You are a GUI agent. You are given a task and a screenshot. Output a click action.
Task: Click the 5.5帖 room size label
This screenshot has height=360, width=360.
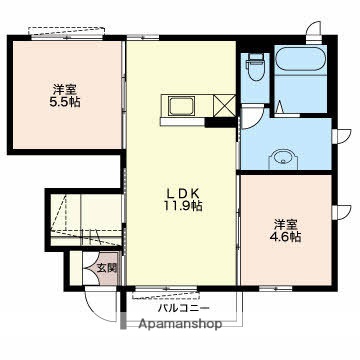click(65, 102)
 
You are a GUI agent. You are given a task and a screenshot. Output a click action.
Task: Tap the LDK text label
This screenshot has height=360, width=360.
click(183, 193)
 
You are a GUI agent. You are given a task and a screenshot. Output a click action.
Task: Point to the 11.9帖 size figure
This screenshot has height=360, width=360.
click(183, 206)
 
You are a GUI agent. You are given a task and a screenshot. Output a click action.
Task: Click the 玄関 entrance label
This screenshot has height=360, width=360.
click(107, 268)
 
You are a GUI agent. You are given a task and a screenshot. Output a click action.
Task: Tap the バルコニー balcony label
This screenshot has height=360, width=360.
click(184, 308)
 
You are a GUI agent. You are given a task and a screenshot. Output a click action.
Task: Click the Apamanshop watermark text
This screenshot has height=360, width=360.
click(180, 324)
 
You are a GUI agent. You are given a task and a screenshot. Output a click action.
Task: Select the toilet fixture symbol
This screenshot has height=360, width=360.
click(255, 69)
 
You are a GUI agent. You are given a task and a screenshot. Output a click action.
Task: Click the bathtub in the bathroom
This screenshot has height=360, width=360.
click(299, 59)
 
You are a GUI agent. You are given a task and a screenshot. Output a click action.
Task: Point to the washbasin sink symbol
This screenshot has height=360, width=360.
click(283, 157)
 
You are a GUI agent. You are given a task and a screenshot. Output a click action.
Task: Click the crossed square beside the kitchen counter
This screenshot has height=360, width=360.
click(225, 106)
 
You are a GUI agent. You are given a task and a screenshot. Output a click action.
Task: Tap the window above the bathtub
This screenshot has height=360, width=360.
click(313, 32)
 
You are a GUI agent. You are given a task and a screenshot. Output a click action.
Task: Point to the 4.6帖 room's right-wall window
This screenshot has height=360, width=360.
click(341, 212)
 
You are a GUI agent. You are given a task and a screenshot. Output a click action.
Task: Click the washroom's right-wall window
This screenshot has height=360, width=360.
click(341, 136)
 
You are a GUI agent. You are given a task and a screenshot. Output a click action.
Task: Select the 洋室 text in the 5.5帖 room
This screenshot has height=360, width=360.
click(65, 89)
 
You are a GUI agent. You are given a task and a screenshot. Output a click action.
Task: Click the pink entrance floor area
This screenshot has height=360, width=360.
click(107, 269)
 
